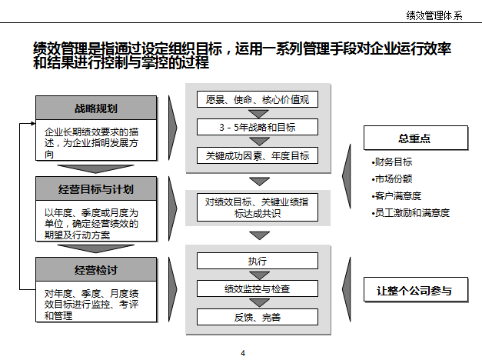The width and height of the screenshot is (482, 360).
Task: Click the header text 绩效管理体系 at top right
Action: tap(434, 15)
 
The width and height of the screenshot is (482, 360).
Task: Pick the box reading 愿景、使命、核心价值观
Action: tap(257, 100)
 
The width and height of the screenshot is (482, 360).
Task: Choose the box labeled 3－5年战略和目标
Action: tap(257, 128)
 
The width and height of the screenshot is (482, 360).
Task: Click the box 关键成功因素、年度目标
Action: tap(257, 155)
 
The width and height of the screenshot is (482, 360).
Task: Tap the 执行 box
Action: tap(257, 261)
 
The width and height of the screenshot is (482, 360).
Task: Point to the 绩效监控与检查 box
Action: tap(257, 289)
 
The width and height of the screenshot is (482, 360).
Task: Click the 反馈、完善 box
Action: tap(257, 317)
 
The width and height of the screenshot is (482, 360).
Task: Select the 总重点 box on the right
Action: tap(414, 138)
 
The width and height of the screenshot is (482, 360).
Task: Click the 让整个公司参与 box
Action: tap(414, 291)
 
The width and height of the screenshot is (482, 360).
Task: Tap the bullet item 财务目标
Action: tap(393, 162)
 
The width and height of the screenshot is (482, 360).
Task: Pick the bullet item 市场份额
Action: tap(393, 179)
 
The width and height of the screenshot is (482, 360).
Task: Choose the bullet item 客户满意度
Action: tap(397, 196)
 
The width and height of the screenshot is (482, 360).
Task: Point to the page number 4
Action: tap(243, 353)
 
